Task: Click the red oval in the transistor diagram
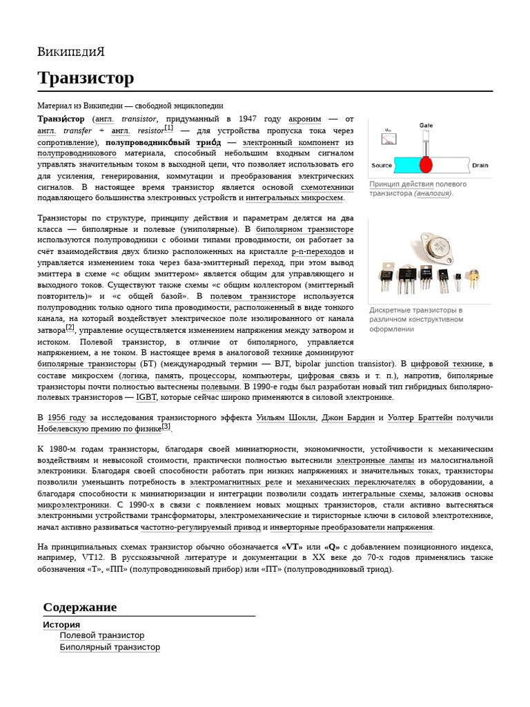pyautogui.click(x=426, y=164)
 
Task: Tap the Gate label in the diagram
pyautogui.click(x=426, y=125)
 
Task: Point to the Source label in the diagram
pyautogui.click(x=381, y=166)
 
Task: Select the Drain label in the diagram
pyautogui.click(x=480, y=166)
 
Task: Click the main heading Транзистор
pyautogui.click(x=86, y=79)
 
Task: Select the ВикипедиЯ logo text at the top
pyautogui.click(x=71, y=52)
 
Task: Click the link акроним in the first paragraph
pyautogui.click(x=304, y=119)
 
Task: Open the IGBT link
pyautogui.click(x=146, y=397)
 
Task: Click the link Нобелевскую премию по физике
pyautogui.click(x=99, y=429)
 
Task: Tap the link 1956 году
pyautogui.click(x=66, y=418)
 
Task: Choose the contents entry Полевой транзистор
pyautogui.click(x=102, y=635)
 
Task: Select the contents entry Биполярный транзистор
pyautogui.click(x=110, y=647)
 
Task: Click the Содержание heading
pyautogui.click(x=79, y=608)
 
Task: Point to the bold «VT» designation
pyautogui.click(x=293, y=547)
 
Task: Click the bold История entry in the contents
pyautogui.click(x=61, y=624)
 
